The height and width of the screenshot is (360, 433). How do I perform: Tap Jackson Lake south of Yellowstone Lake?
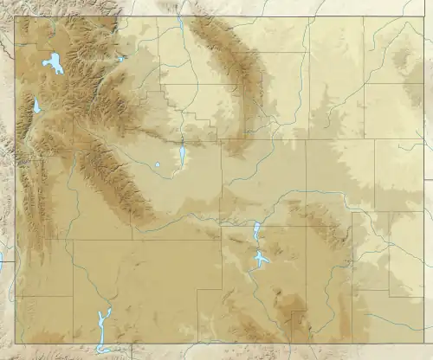click(36, 106)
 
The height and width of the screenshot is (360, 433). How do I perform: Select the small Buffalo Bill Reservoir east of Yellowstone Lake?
click(122, 59)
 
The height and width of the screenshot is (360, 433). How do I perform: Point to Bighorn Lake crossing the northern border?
click(179, 25)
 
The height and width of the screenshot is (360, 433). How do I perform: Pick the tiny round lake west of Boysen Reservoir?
click(158, 164)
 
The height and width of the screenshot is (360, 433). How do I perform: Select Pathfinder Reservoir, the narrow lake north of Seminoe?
click(256, 231)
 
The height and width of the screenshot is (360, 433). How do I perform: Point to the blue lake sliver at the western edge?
click(2, 259)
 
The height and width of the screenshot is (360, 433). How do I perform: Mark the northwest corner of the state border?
click(15, 16)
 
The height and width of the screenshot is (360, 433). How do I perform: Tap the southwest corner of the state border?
click(15, 343)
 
